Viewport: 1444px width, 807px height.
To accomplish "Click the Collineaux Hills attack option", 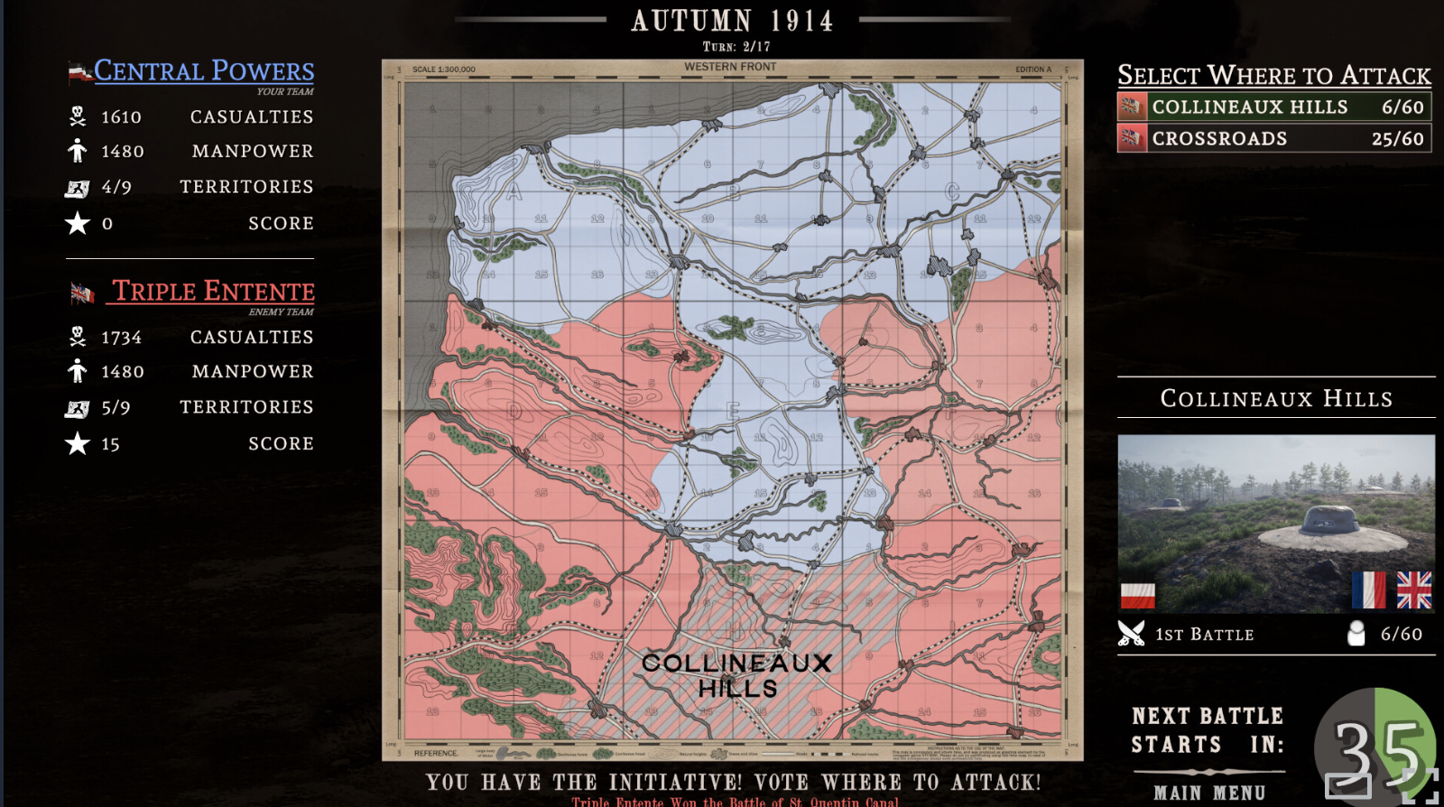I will tap(1273, 107).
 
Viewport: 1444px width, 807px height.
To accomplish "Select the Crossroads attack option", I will tap(1273, 139).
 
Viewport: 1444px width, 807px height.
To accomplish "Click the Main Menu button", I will tap(1209, 793).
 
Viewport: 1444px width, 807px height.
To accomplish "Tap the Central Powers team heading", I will tap(204, 70).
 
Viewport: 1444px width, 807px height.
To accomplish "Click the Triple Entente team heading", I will tap(213, 291).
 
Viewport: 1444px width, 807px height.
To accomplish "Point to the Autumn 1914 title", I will tap(732, 21).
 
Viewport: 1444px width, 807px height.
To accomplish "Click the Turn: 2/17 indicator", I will tap(736, 47).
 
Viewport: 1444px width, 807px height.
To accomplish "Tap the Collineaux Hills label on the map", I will tap(736, 674).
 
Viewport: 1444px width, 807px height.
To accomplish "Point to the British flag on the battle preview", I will tap(1413, 590).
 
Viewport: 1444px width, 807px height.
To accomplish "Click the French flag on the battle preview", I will tap(1369, 590).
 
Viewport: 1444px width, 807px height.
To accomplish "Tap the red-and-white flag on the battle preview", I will tap(1137, 595).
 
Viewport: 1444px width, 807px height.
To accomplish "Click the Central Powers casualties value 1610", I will tap(121, 117).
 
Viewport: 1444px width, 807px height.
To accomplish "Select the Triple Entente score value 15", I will tap(110, 444).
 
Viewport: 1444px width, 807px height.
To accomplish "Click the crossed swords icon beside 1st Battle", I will tap(1131, 634).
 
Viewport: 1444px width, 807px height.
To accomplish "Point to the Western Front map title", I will tap(730, 67).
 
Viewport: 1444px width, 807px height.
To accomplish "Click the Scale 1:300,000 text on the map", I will tap(444, 70).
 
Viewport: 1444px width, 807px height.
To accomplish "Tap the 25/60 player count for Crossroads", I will tap(1397, 139).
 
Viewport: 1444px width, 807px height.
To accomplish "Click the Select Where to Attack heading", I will tap(1273, 75).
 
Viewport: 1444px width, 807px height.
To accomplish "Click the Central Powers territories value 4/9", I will tap(116, 188).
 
